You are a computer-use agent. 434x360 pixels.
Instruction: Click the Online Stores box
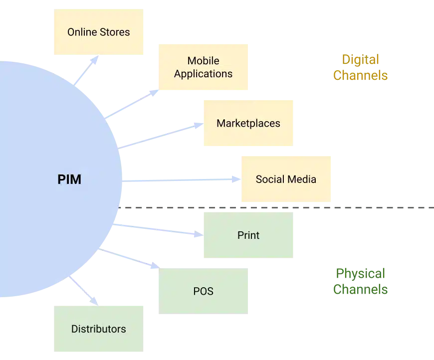point(98,32)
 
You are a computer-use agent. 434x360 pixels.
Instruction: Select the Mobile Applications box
point(203,67)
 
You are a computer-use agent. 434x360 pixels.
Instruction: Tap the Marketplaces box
point(248,123)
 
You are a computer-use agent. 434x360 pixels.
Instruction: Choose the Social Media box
point(285,179)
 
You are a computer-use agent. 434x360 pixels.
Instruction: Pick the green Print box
point(248,235)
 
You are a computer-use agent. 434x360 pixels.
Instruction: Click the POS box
point(203,291)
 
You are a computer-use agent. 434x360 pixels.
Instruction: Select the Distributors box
point(98,329)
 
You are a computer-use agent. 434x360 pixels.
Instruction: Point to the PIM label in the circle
point(69,180)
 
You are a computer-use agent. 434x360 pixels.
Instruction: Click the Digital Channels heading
point(360,68)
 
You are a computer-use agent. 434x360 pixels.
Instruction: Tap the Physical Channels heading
point(360,281)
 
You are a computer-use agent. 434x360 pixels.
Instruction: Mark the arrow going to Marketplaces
point(160,135)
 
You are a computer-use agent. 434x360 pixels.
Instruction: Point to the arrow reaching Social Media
point(182,180)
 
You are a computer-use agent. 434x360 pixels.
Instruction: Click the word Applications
point(203,74)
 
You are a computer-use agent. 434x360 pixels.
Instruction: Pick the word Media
point(302,179)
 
